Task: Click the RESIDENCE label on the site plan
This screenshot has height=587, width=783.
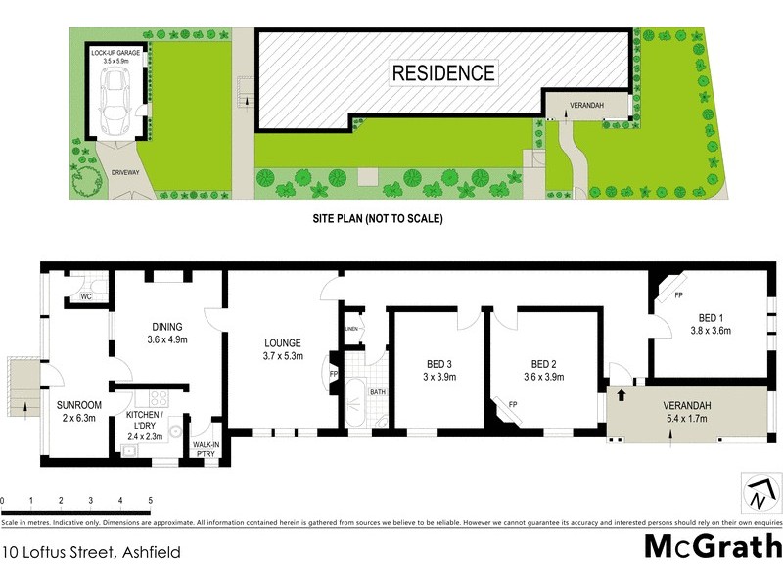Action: [443, 72]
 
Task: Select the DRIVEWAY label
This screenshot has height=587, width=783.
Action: [126, 171]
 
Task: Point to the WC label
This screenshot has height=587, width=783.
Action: [85, 295]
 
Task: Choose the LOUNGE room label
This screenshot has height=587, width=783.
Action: [283, 349]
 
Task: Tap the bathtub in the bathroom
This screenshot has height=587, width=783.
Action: [354, 402]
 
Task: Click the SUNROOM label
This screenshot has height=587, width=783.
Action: [75, 408]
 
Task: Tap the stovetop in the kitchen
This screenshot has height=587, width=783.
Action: [156, 399]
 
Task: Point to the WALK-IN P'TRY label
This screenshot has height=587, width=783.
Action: [207, 445]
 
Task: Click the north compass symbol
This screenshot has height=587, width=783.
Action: [757, 492]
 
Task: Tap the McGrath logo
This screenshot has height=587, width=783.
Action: [712, 546]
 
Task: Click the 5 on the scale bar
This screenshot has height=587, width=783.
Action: [151, 501]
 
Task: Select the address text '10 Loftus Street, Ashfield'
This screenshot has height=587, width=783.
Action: [91, 553]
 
